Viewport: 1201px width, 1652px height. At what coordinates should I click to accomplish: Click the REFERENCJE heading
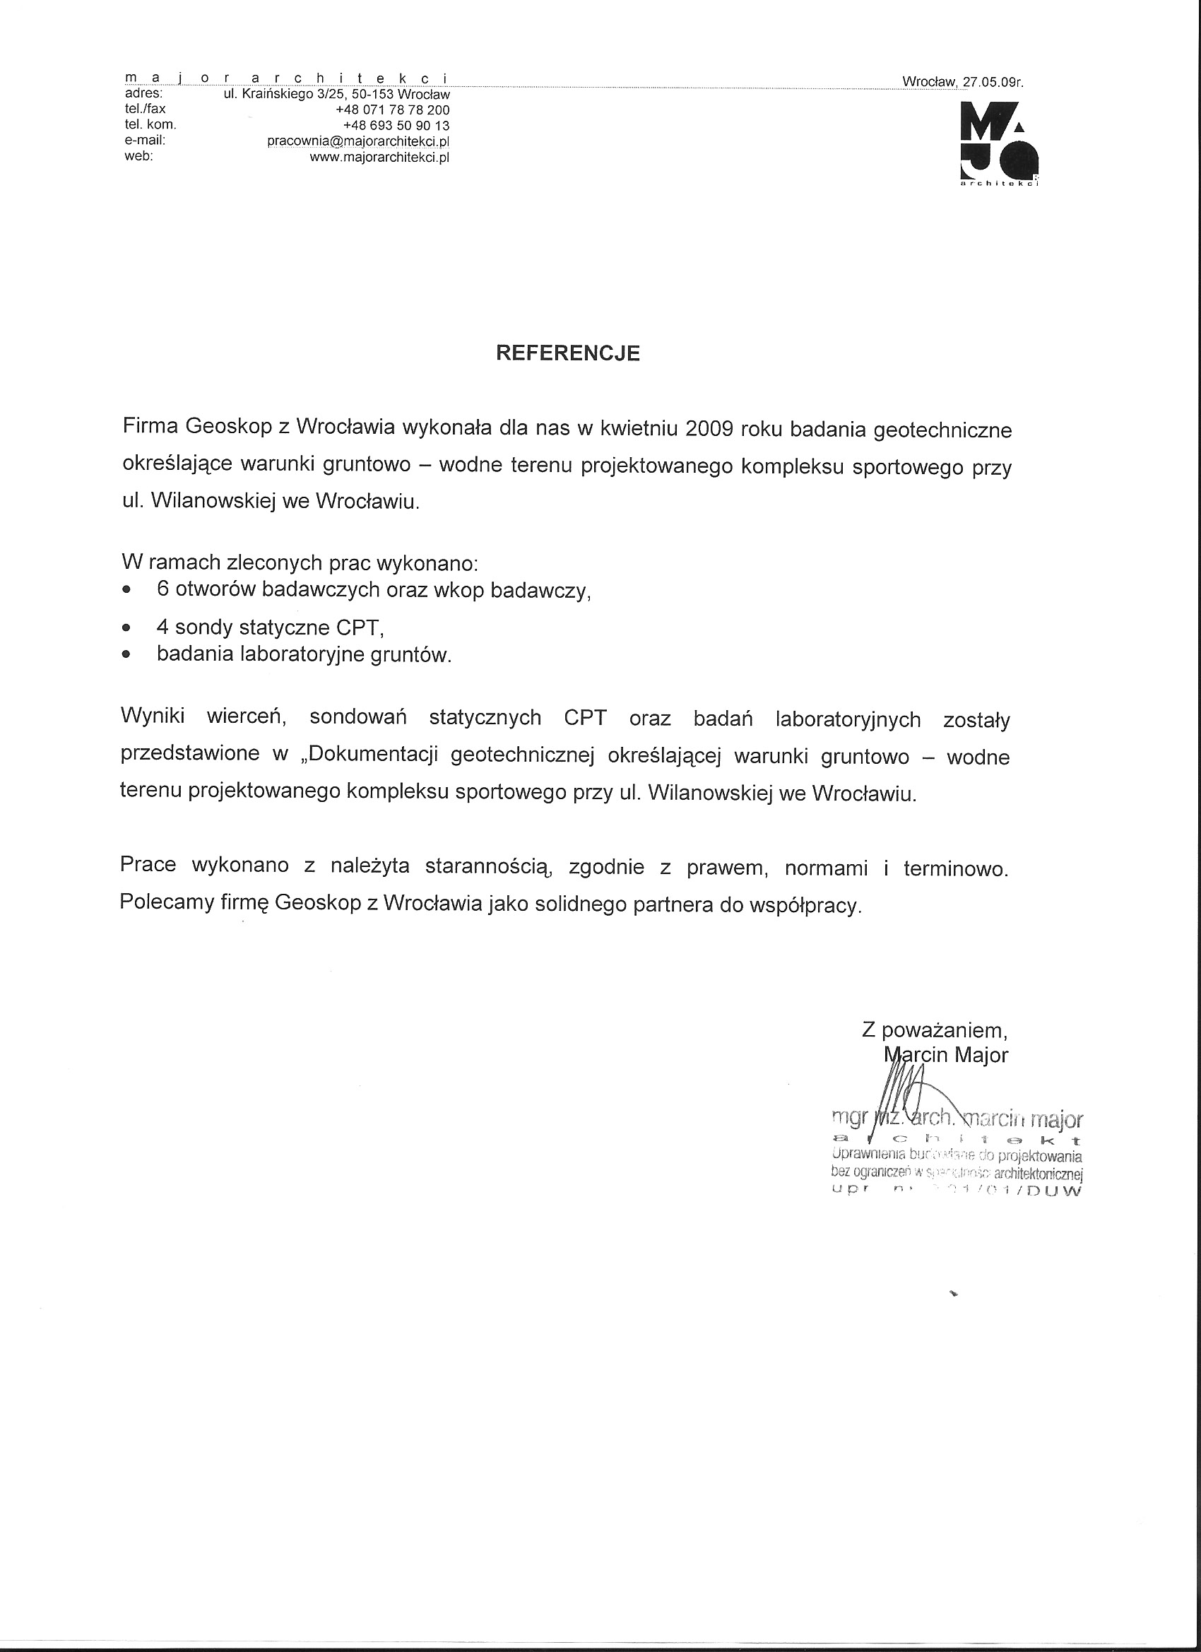[x=567, y=353]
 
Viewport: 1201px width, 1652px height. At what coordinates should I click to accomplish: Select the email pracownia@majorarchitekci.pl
[x=358, y=141]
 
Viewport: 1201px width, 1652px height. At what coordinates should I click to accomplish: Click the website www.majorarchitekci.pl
[x=379, y=157]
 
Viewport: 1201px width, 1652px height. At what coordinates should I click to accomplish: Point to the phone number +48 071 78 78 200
[x=393, y=110]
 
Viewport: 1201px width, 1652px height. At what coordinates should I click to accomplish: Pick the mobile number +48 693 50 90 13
[x=396, y=125]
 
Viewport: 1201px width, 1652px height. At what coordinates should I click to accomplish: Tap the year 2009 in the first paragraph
[x=708, y=427]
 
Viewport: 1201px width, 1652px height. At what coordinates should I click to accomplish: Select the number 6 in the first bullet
[x=162, y=589]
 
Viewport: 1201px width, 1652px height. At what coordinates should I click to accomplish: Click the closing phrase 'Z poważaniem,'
[x=935, y=1030]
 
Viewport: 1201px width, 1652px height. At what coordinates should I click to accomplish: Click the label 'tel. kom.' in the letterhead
[x=150, y=124]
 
